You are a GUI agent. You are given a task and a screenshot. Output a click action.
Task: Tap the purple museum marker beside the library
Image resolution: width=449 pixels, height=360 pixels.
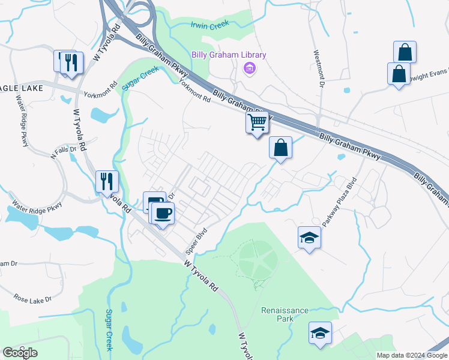tap(249, 70)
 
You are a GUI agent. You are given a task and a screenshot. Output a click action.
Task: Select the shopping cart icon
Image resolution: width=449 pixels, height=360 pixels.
tap(257, 123)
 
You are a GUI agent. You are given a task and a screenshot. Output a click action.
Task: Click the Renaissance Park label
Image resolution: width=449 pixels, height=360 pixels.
tap(285, 314)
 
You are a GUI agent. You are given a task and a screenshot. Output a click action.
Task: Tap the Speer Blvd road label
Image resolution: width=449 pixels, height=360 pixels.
tap(199, 239)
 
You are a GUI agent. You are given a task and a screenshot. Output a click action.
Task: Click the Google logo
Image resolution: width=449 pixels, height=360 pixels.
tap(20, 353)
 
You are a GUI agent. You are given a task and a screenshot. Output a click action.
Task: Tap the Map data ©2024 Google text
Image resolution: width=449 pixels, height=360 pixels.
tap(411, 355)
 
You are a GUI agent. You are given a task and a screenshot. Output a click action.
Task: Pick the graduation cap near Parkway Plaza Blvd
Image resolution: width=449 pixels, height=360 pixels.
tap(309, 238)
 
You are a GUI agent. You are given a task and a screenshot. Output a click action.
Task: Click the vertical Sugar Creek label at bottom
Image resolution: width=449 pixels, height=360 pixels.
tap(109, 329)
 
